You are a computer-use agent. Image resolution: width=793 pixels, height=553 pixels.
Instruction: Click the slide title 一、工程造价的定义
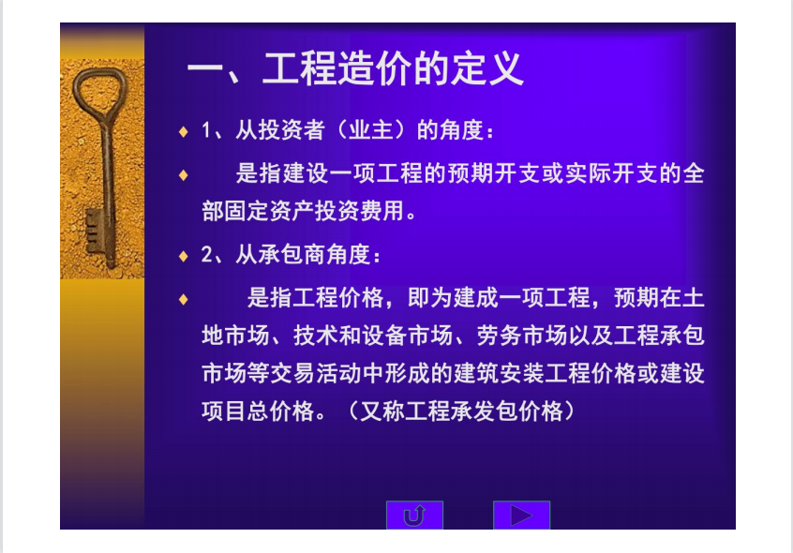click(x=355, y=68)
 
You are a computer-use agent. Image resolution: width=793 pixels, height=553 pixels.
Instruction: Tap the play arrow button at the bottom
click(x=521, y=516)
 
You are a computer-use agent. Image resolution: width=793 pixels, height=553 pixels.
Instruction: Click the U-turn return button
click(x=414, y=516)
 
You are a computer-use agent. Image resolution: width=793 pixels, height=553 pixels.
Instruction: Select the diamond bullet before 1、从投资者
click(x=183, y=132)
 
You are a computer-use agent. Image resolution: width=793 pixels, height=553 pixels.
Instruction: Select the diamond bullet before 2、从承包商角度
click(x=183, y=256)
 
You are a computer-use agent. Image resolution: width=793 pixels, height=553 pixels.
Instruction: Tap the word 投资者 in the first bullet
click(x=292, y=130)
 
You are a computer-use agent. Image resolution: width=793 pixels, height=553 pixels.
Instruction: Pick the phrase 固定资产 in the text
click(x=270, y=211)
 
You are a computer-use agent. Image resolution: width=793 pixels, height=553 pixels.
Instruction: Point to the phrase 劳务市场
click(x=521, y=336)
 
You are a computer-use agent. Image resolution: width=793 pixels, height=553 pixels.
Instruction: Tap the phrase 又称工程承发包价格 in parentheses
click(x=462, y=411)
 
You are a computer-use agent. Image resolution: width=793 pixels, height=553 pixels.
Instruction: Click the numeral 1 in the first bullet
click(x=206, y=130)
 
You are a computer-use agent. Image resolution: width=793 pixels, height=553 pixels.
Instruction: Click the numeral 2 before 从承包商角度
click(x=206, y=255)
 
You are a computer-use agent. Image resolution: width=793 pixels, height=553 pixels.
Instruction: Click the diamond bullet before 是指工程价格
click(x=183, y=300)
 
